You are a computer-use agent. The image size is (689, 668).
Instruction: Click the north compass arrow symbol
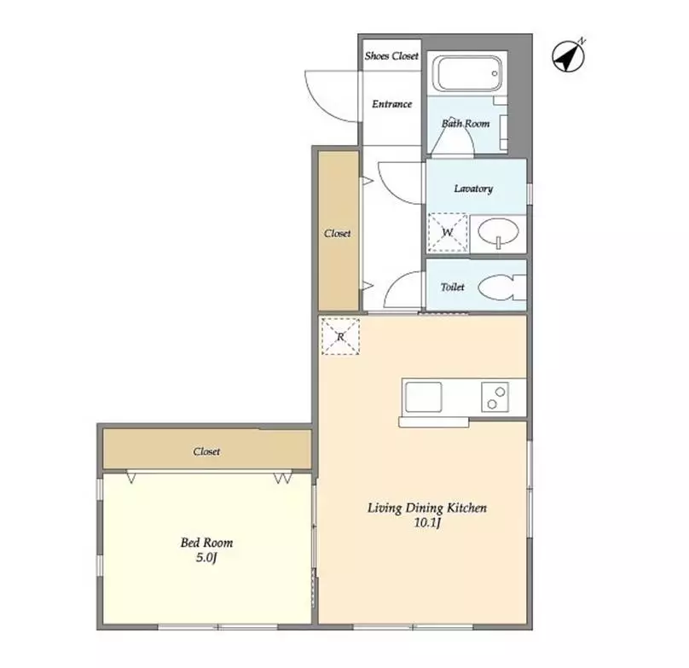(x=568, y=55)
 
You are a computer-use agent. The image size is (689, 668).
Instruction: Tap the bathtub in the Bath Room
(x=467, y=73)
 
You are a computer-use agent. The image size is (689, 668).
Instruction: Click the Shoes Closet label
(x=391, y=55)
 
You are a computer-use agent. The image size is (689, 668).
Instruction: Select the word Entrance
(x=392, y=104)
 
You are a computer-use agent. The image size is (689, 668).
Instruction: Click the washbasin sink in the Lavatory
(x=498, y=232)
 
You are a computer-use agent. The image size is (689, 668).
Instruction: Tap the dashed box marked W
(x=448, y=232)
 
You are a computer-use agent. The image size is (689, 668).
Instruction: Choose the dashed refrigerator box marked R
(x=340, y=336)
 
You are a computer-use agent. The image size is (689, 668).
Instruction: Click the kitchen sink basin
(x=423, y=397)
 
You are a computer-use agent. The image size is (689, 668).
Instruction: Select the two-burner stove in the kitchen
(x=495, y=397)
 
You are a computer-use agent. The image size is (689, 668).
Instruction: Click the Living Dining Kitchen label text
(x=427, y=508)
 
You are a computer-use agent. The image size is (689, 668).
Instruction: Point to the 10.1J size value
(x=427, y=523)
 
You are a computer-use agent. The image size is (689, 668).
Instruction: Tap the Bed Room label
(x=206, y=543)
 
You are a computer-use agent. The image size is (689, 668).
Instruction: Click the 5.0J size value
(x=206, y=558)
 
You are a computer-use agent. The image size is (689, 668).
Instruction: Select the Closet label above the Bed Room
(x=206, y=451)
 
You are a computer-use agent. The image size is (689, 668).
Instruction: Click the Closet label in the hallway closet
(x=338, y=233)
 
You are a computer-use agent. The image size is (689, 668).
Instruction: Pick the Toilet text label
(x=453, y=288)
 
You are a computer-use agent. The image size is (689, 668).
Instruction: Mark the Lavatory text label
(x=473, y=189)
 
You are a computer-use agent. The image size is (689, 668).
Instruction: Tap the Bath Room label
(x=466, y=124)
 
